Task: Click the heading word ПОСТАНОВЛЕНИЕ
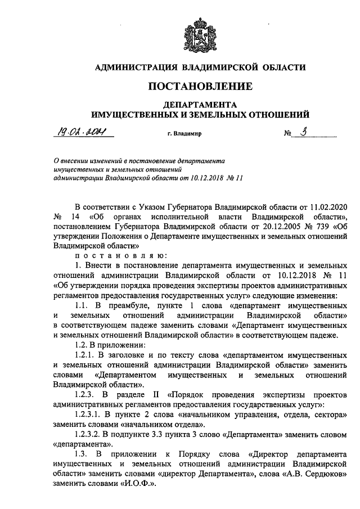200,87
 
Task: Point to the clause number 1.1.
83,304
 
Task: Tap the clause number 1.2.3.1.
88,413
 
